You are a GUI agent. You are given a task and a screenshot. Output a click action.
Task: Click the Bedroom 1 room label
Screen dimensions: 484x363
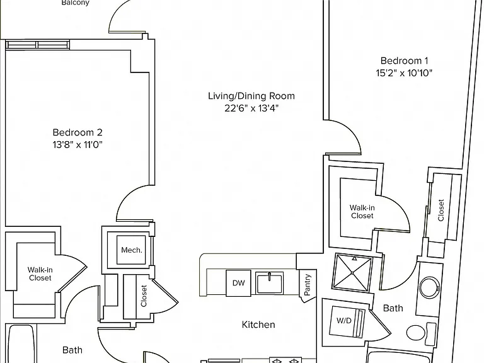[x=400, y=60]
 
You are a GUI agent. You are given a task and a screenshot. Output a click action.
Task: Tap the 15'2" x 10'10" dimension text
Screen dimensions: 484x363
[x=404, y=73]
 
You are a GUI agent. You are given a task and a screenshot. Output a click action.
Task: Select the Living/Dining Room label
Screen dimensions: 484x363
[x=251, y=96]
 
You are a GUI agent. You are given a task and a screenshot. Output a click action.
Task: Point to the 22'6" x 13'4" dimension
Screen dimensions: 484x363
[x=251, y=108]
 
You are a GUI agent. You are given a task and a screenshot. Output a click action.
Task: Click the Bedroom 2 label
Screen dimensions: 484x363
[x=77, y=132]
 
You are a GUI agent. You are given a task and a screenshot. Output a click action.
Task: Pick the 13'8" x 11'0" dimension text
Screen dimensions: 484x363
[x=77, y=144]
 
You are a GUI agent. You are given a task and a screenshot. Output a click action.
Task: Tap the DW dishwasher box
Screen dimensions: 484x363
[x=238, y=283]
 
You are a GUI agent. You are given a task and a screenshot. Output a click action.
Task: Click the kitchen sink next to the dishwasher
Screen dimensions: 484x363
[x=269, y=283]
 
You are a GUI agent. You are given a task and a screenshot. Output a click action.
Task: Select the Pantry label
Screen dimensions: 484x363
[x=308, y=285]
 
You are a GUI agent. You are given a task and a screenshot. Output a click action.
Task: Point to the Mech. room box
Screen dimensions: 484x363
[x=131, y=250]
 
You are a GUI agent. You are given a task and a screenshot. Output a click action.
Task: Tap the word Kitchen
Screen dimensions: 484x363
[x=258, y=325]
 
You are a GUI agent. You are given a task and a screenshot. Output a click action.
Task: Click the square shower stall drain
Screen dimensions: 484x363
[x=352, y=273]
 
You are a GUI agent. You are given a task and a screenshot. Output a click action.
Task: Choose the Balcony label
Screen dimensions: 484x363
[x=76, y=3]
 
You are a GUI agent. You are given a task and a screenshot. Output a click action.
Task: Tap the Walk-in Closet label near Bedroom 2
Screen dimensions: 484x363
[x=40, y=274]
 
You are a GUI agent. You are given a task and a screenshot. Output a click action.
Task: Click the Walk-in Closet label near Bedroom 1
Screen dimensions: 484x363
[x=362, y=212]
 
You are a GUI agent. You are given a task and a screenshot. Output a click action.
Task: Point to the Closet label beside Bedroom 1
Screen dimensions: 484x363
[x=441, y=210]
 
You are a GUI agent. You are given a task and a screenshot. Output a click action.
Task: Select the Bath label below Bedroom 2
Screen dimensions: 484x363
[x=72, y=350]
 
